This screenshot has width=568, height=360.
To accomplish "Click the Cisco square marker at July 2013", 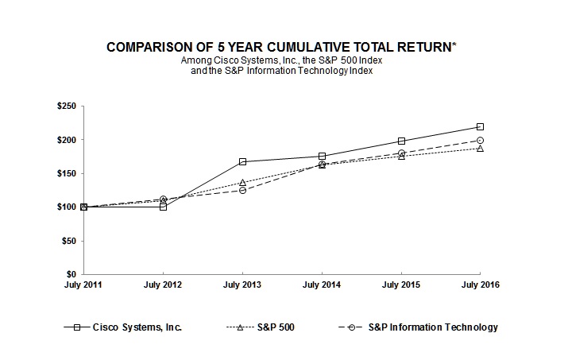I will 242,161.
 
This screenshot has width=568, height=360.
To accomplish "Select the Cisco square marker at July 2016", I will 481,126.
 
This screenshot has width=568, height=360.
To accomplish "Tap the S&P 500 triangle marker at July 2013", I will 242,183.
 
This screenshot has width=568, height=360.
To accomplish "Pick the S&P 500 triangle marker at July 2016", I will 481,149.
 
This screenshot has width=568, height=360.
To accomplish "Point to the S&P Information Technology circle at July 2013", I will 242,190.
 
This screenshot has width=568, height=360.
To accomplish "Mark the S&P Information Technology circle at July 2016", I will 481,140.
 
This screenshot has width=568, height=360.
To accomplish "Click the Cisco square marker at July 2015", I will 401,141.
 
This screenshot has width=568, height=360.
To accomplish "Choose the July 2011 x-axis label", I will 83,285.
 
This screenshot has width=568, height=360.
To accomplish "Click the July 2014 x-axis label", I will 322,285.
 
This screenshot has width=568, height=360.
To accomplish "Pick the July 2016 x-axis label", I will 481,285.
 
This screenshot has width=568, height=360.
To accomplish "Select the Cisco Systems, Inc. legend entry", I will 137,327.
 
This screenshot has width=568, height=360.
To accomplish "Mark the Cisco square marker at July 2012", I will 163,207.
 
